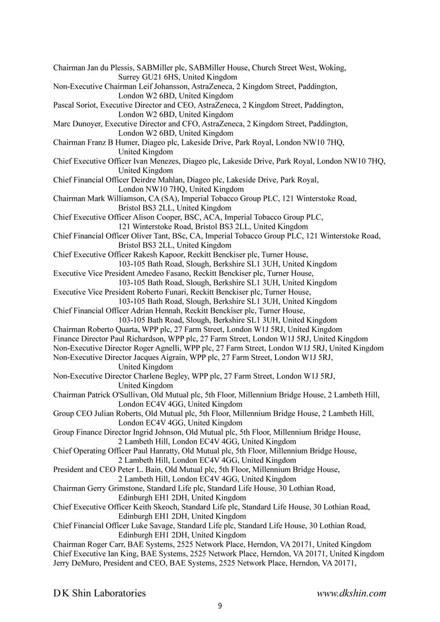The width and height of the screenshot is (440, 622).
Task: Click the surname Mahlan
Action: [x=185, y=179]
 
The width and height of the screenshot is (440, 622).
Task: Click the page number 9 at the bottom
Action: [x=220, y=606]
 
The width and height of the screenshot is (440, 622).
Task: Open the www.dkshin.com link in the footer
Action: [x=351, y=592]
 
